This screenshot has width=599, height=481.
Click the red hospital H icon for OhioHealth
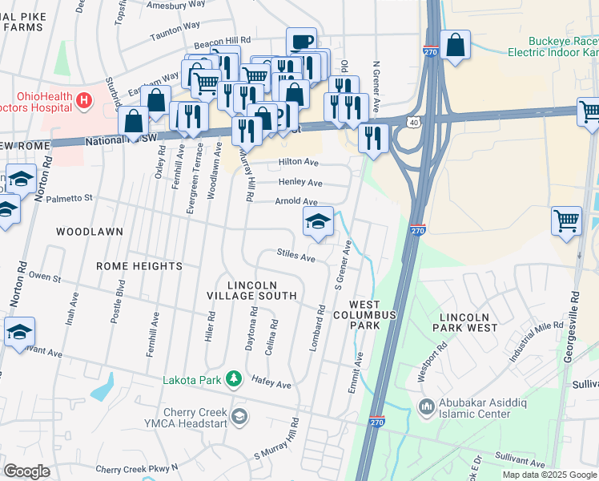pos(84,102)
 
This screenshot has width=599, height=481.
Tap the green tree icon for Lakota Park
pos(233,378)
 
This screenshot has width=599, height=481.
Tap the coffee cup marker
pos(301,42)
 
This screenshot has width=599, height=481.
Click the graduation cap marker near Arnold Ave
pos(318,221)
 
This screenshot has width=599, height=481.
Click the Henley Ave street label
pos(300,183)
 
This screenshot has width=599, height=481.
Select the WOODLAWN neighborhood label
pos(90,232)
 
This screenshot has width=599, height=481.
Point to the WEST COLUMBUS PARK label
pos(373,315)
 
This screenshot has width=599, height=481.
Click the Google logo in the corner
pos(26,471)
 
